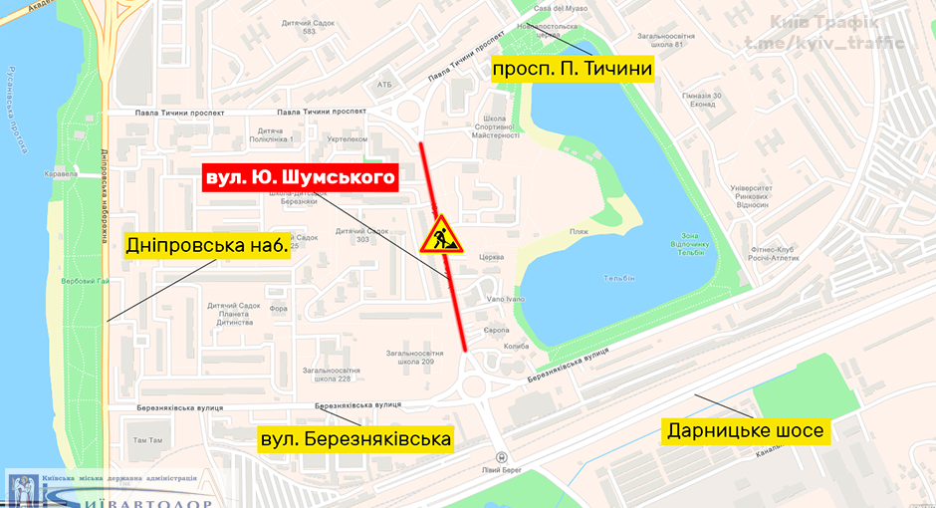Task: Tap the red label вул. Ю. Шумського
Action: coord(300,177)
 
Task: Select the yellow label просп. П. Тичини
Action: coord(571,69)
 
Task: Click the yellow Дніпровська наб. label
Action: coord(207,245)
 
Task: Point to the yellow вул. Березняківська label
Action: coord(355,438)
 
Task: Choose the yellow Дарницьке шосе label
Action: coord(746,430)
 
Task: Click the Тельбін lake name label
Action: coord(618,278)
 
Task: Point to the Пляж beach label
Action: coord(579,232)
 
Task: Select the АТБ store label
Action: coord(384,85)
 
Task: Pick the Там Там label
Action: coord(147,439)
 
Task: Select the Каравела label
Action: coord(61,172)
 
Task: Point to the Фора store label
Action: coord(278,308)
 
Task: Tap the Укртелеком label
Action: coord(348,139)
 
